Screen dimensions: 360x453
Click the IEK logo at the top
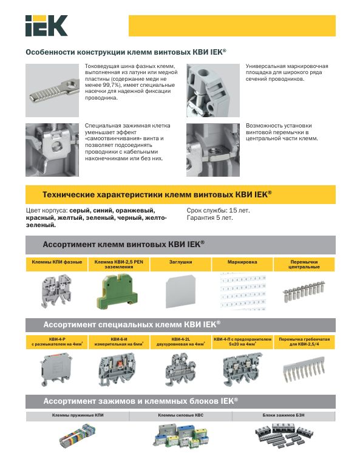tap(46, 26)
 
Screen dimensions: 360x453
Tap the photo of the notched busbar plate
tap(52, 90)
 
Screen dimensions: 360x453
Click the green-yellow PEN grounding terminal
tap(117, 291)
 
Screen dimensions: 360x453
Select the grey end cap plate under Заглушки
tap(180, 292)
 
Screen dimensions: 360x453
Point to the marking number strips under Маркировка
tap(243, 291)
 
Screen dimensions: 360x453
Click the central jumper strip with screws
tap(304, 291)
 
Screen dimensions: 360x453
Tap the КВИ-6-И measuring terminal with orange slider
tap(118, 370)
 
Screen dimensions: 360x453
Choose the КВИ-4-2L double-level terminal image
tap(180, 370)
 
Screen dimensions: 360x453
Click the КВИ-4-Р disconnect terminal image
tap(56, 370)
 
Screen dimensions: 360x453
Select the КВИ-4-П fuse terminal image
tap(243, 369)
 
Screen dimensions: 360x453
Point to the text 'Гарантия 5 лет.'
tap(210, 218)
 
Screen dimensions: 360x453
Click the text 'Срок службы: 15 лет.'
tap(218, 210)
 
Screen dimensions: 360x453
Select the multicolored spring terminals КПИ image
tap(78, 436)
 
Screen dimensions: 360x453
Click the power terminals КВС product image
tap(180, 435)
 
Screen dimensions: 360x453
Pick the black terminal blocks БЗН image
tap(284, 435)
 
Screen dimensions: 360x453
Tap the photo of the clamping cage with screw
tap(52, 150)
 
